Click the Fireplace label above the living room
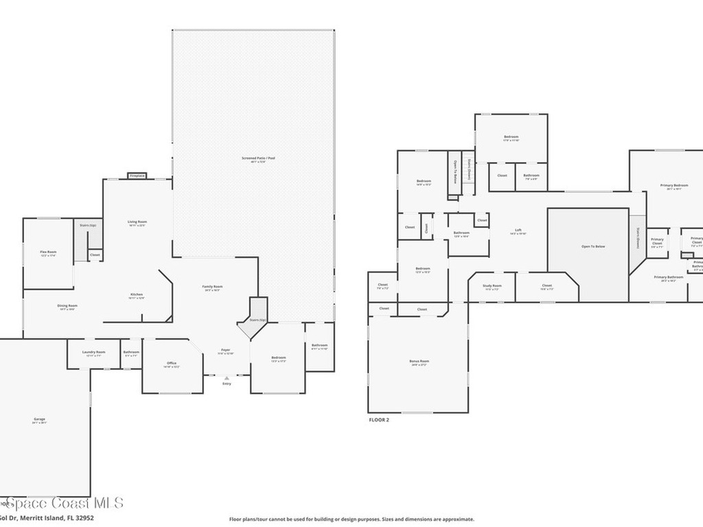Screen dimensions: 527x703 [x=137, y=176]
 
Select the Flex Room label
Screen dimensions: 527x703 [x=48, y=252]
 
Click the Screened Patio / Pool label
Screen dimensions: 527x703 [x=258, y=158]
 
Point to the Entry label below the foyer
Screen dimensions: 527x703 [x=227, y=384]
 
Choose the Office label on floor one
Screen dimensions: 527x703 [x=172, y=363]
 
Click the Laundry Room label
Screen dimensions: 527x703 [x=93, y=352]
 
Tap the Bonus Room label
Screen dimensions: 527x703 [x=419, y=361]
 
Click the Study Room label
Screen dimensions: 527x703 [x=492, y=285]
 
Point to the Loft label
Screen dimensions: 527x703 [x=518, y=230]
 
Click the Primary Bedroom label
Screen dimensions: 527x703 [x=673, y=185]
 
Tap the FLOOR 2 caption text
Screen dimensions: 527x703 [x=379, y=419]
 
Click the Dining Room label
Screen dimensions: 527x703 [x=67, y=305]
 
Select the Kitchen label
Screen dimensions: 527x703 [x=137, y=294]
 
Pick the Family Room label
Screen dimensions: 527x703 [x=212, y=286]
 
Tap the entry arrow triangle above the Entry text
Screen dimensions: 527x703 [x=227, y=377]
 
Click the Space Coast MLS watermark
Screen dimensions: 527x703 [x=62, y=504]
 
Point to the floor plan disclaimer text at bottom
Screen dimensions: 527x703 [x=351, y=519]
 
